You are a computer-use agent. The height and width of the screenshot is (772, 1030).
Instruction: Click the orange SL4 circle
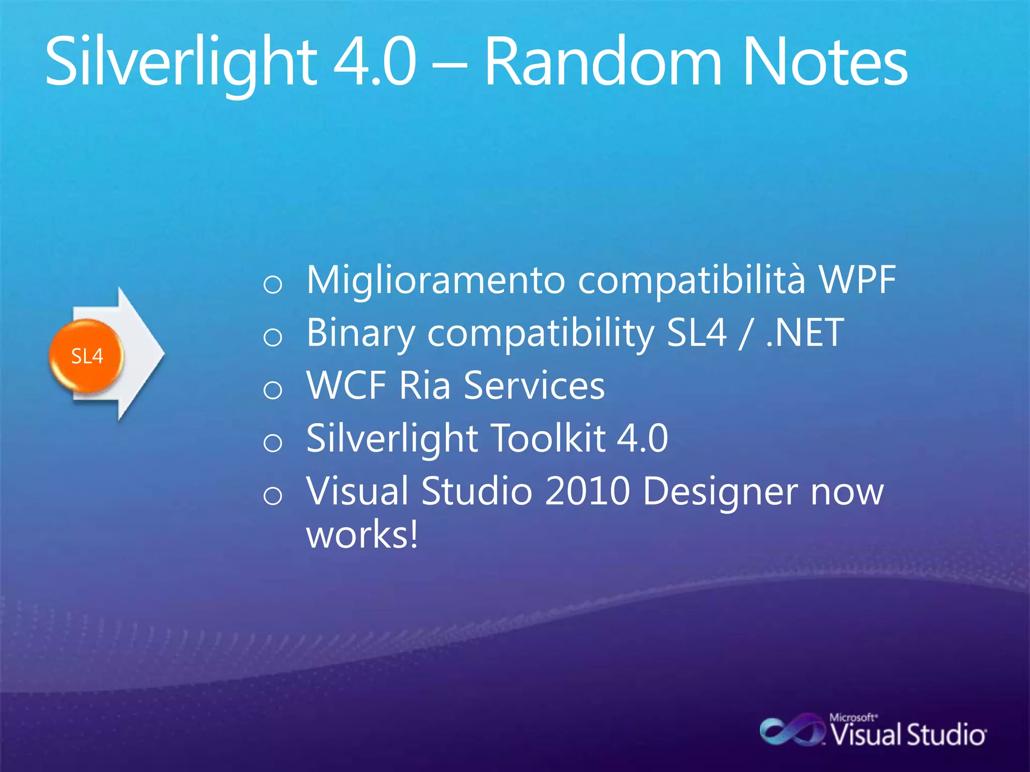click(87, 356)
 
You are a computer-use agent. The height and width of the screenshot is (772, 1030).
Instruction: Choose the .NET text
click(805, 333)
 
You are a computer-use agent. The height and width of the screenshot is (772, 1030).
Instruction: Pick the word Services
click(534, 385)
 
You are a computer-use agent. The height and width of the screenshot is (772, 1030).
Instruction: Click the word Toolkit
click(548, 438)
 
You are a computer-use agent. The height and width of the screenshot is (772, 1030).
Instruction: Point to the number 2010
click(587, 491)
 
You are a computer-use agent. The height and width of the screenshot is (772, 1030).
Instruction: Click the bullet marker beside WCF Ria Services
click(273, 390)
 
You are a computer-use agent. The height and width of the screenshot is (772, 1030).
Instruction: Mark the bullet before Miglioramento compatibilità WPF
click(273, 284)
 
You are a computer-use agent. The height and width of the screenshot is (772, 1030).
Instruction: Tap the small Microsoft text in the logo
click(853, 717)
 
